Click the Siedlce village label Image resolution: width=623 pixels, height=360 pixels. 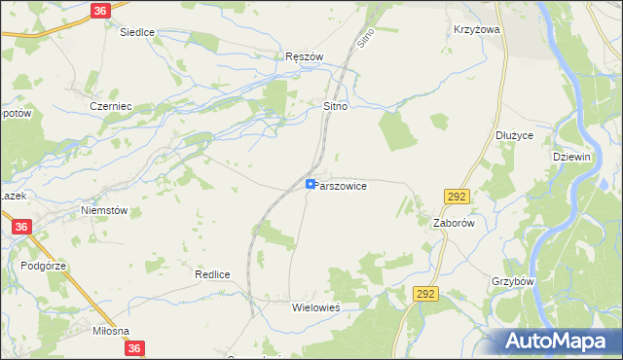(137, 32)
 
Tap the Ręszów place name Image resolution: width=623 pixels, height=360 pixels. (303, 56)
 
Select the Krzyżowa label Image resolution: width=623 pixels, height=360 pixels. (476, 30)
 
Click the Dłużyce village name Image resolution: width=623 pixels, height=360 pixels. (514, 135)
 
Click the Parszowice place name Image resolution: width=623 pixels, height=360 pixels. (341, 185)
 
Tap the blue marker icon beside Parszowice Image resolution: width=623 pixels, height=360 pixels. (311, 183)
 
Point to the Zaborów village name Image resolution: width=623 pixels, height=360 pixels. (453, 222)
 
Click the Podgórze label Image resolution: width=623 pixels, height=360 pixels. (43, 265)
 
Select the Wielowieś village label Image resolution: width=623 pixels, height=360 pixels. (315, 306)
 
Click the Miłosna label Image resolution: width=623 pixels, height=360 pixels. (110, 332)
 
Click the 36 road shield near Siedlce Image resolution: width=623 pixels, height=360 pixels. (101, 11)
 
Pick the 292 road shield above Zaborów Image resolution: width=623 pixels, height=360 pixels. (457, 197)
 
